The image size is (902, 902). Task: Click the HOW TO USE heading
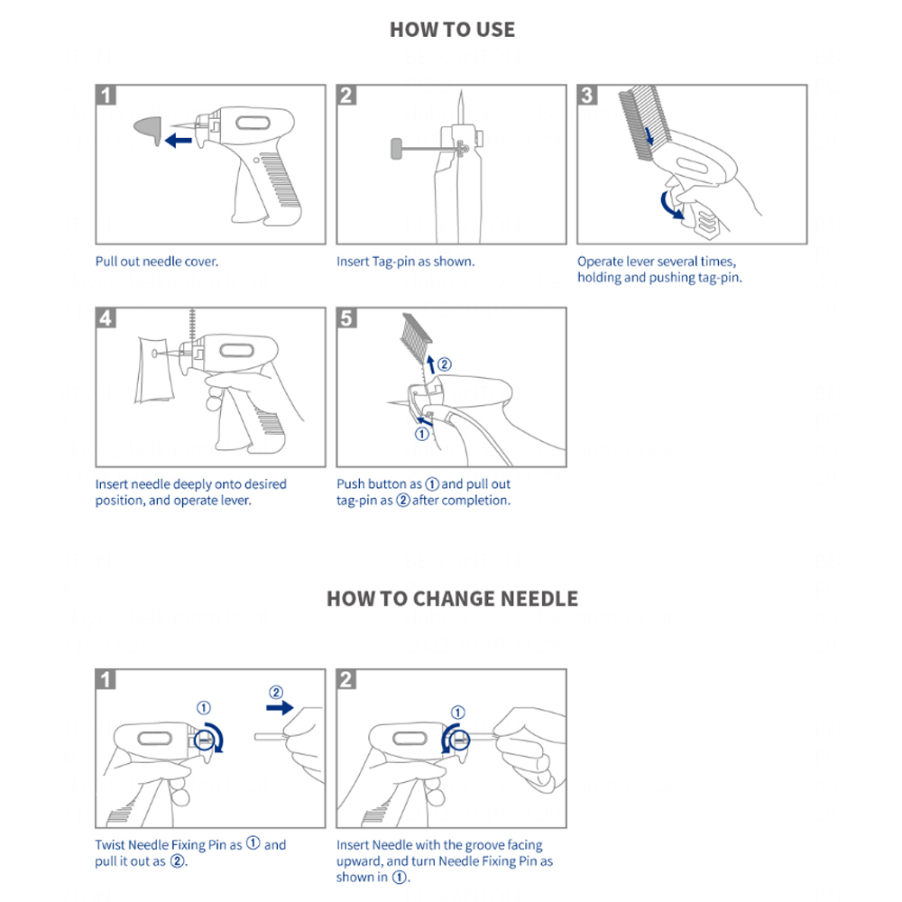coord(452,30)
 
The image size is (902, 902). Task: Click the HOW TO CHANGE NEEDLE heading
coord(452,599)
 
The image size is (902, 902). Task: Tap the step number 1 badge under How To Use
coord(106,95)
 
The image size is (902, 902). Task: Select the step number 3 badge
coord(588,95)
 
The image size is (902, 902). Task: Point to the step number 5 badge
coord(347,318)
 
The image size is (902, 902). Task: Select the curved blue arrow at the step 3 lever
coord(668,202)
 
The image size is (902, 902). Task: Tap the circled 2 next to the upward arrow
coord(444,364)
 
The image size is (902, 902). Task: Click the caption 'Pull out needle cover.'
coord(157,262)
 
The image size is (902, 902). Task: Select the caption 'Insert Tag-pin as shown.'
coord(405,262)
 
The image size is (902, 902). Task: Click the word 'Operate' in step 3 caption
coord(601,262)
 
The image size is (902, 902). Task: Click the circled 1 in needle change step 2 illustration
coord(457,712)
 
